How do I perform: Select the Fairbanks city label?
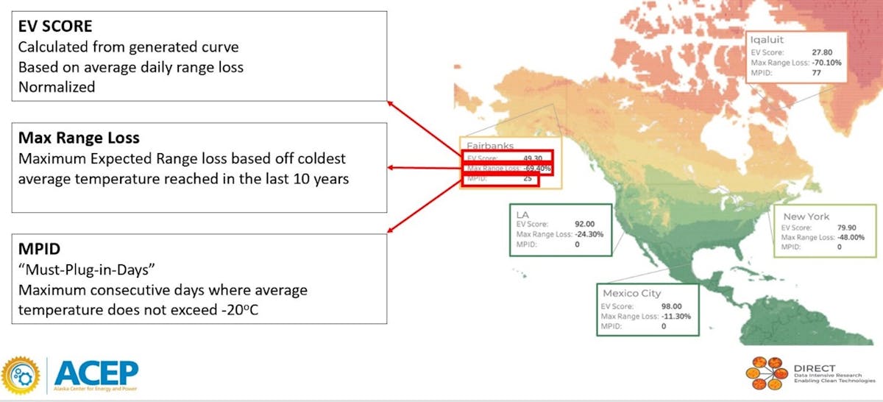click(489, 146)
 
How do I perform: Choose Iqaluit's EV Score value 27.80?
click(829, 52)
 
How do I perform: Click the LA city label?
click(523, 214)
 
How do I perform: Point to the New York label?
click(806, 216)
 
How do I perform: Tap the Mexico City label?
click(631, 293)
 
